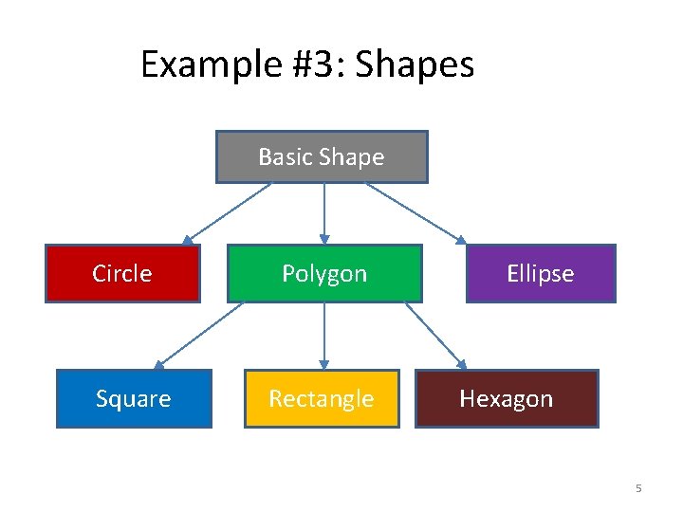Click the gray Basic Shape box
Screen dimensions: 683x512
322,156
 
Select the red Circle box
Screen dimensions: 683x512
122,273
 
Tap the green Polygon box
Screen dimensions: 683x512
324,273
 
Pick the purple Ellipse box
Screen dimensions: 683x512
540,273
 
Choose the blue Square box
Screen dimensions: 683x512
134,398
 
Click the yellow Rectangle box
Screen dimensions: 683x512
322,398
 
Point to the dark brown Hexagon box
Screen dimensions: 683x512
507,398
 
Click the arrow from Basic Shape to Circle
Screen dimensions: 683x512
228,213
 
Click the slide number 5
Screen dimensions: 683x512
638,488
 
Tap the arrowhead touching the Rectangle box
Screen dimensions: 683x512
324,364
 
